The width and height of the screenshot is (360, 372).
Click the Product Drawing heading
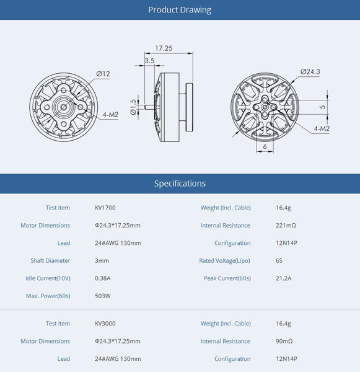(x=180, y=10)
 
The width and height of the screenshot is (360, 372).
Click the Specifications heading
(x=180, y=184)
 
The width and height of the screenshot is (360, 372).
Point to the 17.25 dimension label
(x=164, y=48)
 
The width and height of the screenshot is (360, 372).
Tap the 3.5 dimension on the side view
(x=149, y=61)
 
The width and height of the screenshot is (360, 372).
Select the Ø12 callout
(x=103, y=74)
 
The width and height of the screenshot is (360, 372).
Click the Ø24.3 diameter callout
(x=310, y=72)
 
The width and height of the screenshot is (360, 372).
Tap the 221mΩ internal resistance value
(x=286, y=226)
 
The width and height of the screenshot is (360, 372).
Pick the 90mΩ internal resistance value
(x=284, y=341)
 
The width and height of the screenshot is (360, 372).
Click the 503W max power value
(x=103, y=296)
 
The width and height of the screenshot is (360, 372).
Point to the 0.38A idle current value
(x=103, y=278)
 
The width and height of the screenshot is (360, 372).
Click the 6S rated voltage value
(x=279, y=260)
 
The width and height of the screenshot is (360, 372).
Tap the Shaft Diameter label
(x=50, y=260)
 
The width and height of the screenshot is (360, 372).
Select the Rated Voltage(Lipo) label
(x=225, y=260)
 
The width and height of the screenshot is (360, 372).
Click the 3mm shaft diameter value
(x=101, y=260)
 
